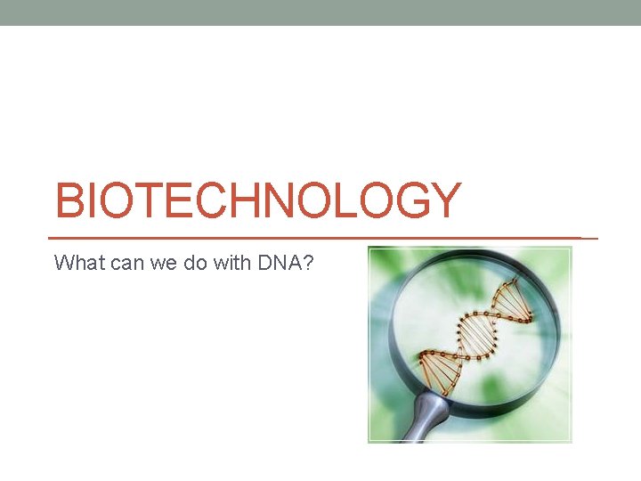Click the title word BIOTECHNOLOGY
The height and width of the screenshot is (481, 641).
coord(258,201)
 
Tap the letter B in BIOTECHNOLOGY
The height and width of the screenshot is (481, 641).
coord(69,201)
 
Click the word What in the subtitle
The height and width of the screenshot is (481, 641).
coord(73,263)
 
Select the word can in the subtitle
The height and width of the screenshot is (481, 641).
coord(113,263)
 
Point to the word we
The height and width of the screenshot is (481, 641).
coord(149,263)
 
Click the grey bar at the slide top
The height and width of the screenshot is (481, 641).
coord(320,12)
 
